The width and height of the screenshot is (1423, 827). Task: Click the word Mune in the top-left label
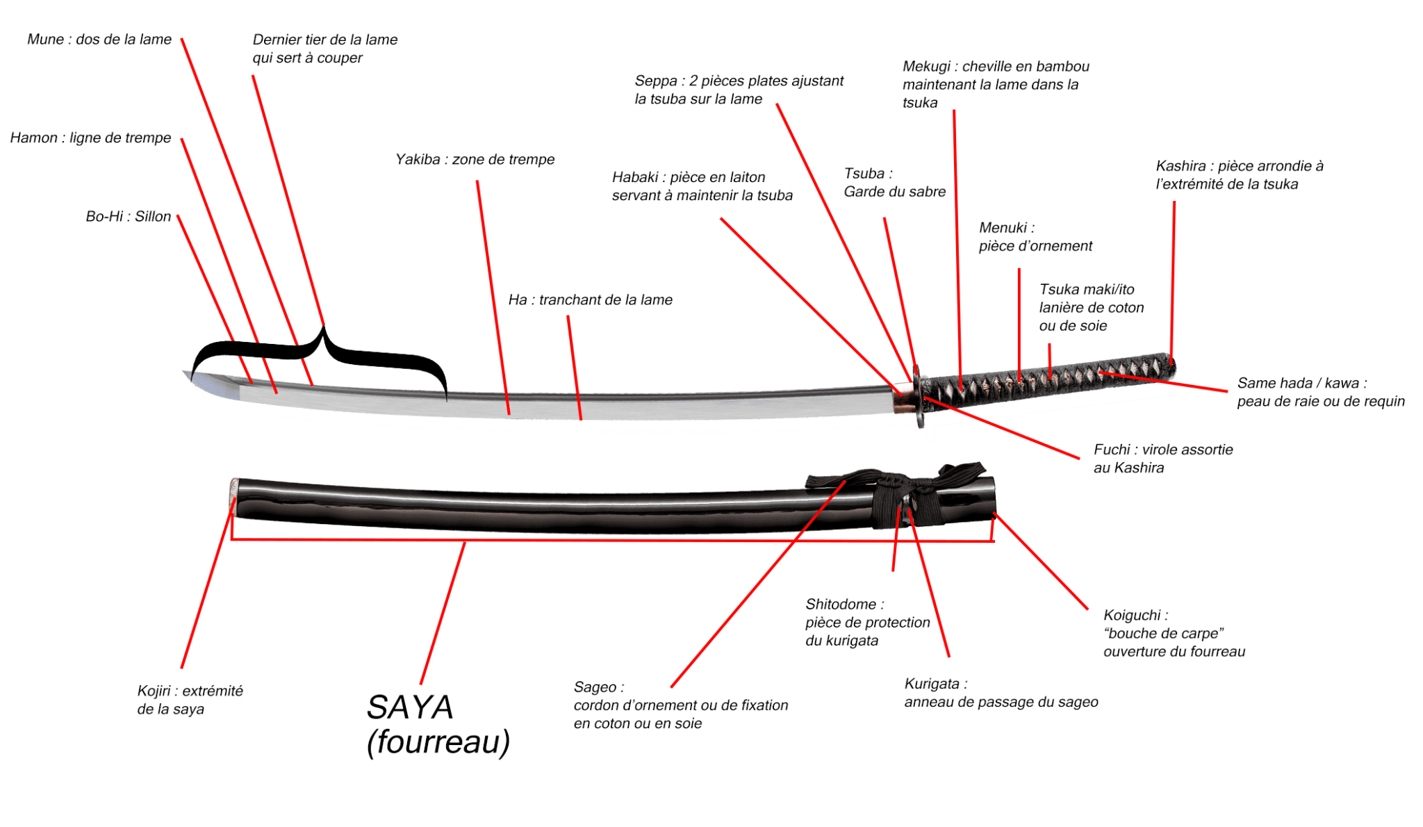(45, 40)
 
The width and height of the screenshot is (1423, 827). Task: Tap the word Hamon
(34, 138)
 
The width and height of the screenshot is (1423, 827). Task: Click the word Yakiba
(418, 160)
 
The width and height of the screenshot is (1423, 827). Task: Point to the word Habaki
(634, 177)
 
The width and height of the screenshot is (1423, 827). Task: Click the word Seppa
(655, 81)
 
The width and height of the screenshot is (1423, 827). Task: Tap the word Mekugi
(926, 67)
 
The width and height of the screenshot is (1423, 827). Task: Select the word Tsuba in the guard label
(864, 174)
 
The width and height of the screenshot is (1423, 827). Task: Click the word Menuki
(1003, 228)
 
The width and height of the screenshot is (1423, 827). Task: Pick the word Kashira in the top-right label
(1181, 166)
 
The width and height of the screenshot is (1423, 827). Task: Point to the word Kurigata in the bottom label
(931, 684)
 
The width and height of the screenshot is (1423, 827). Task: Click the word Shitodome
(840, 605)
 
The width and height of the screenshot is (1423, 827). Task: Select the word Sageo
(595, 687)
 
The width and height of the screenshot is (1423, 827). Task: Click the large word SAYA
(409, 708)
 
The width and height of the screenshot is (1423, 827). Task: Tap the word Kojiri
(154, 691)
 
